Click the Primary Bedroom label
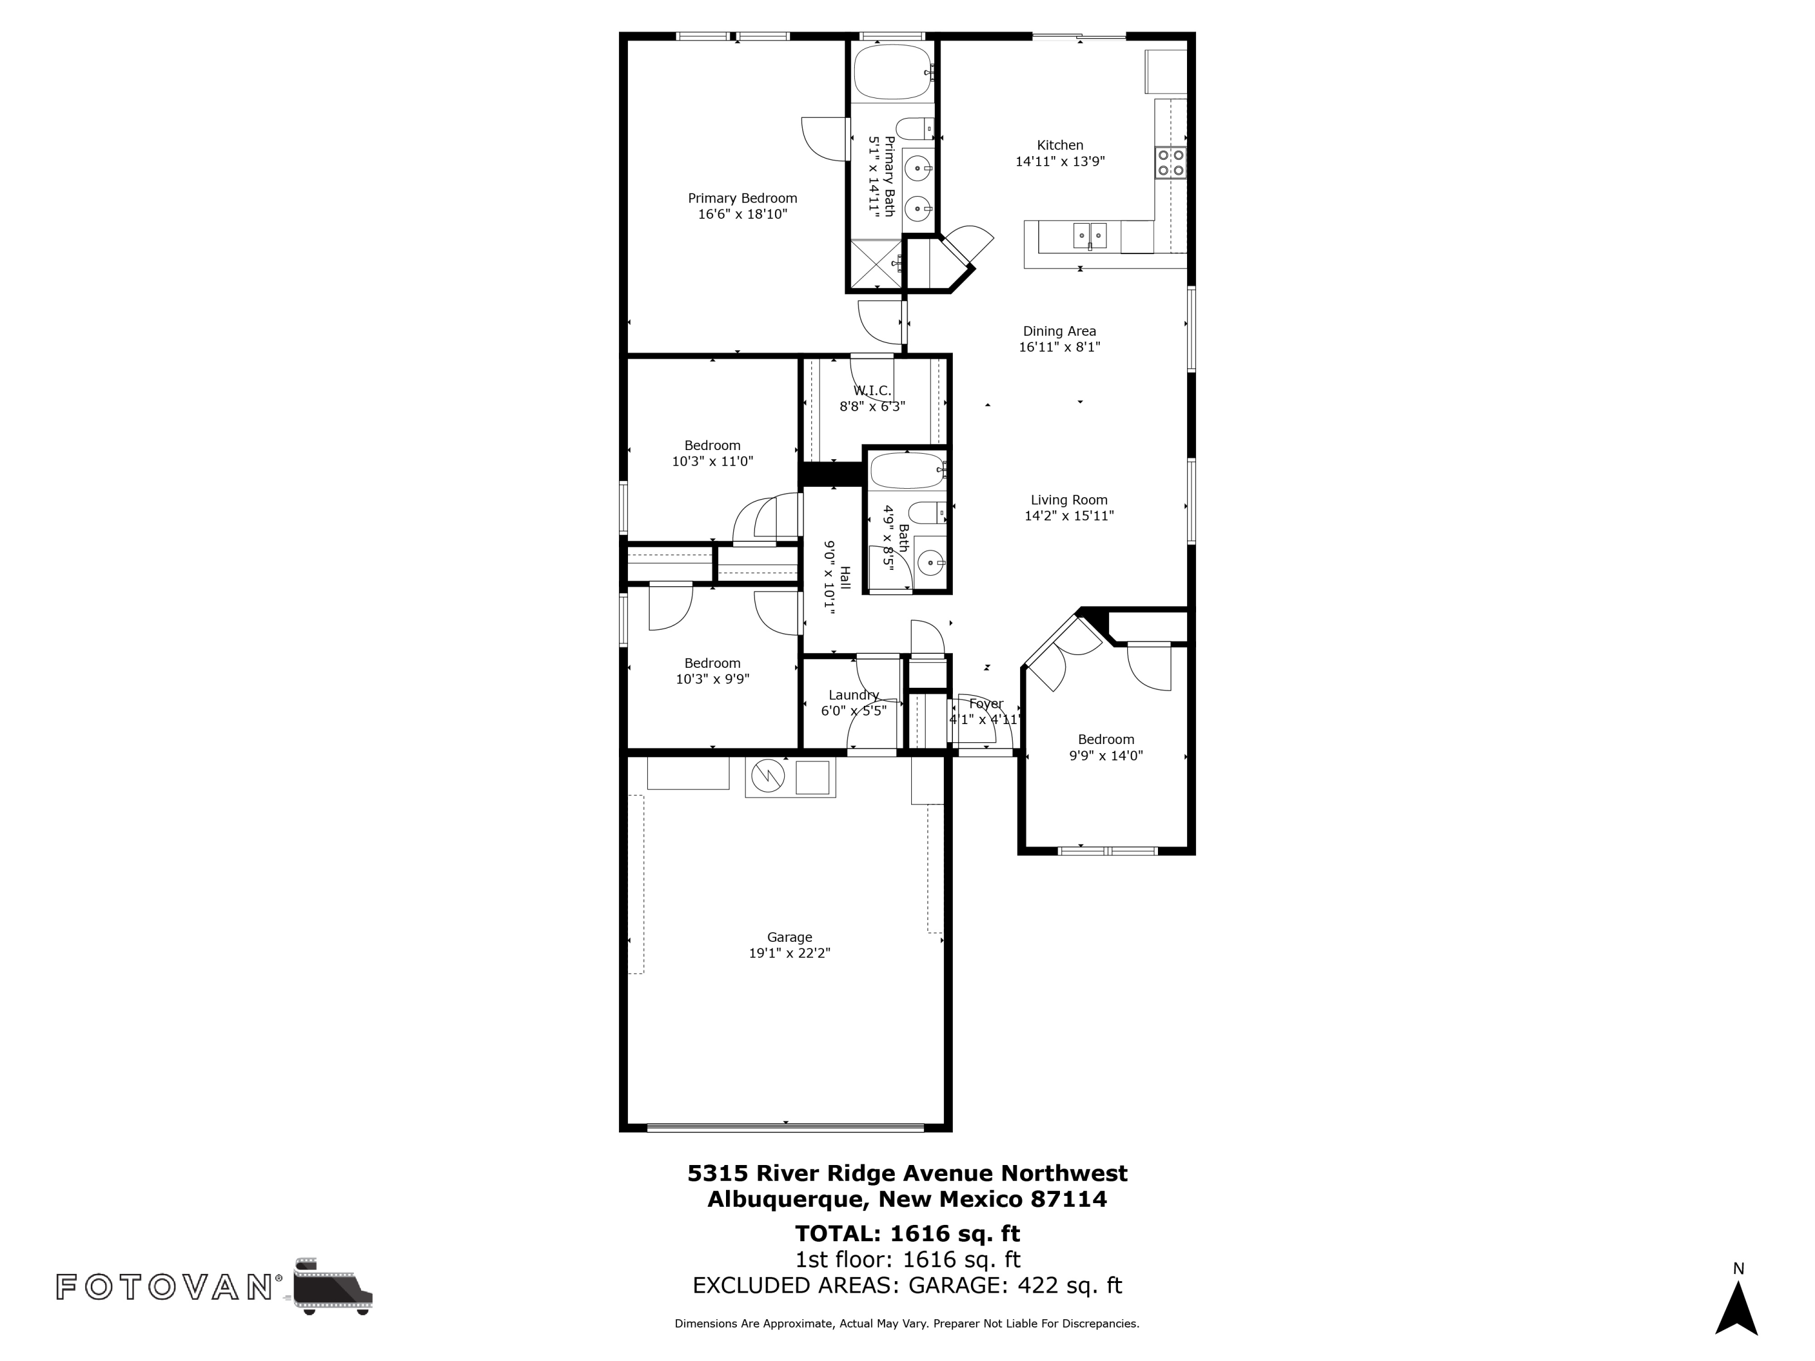[x=742, y=198]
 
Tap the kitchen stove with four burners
[x=1170, y=163]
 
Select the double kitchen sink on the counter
[x=1090, y=235]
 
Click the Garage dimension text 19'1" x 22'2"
[x=790, y=953]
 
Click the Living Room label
[x=1068, y=500]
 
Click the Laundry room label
[x=853, y=695]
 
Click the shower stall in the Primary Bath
[x=876, y=264]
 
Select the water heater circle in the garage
[x=768, y=775]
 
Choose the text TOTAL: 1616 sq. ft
[x=907, y=1233]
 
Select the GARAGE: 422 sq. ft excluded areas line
[x=1014, y=1285]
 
